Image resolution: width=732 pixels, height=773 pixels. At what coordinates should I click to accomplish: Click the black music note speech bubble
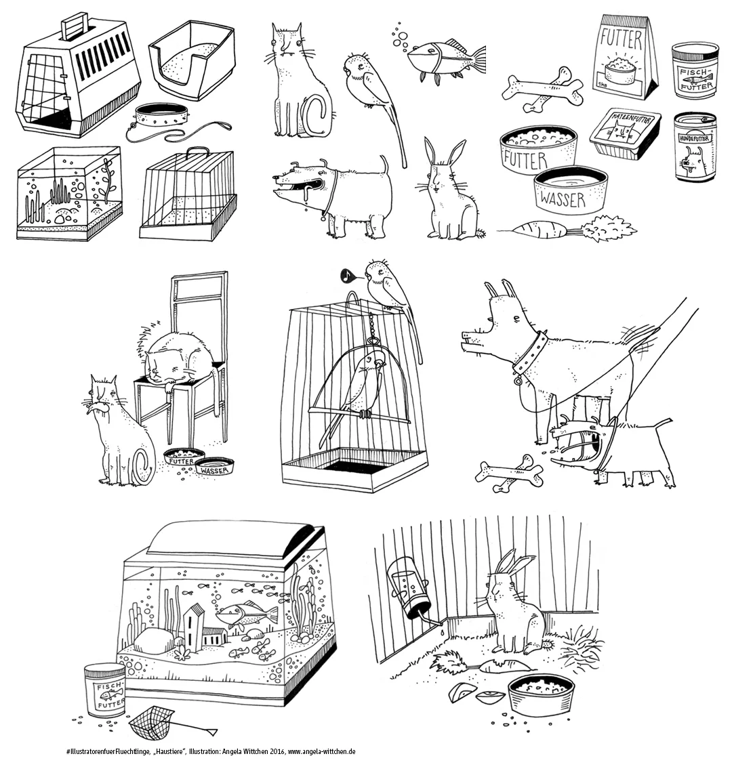(x=346, y=276)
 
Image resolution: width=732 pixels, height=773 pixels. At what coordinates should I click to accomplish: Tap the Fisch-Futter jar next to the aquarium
(x=104, y=690)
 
